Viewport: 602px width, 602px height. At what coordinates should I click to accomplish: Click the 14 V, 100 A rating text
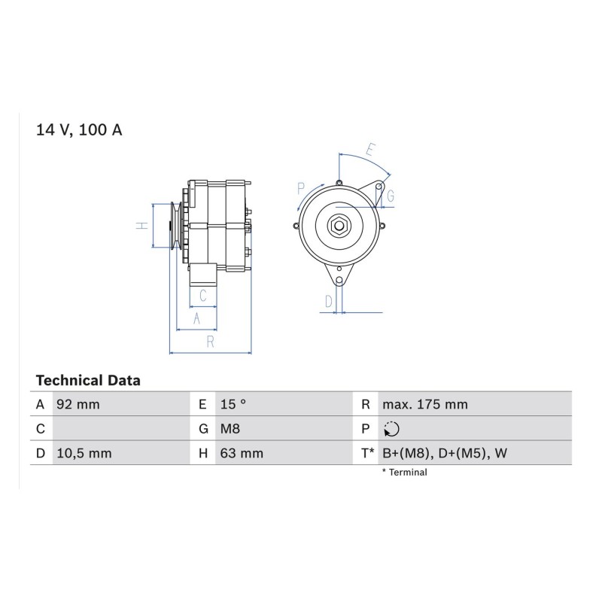pyautogui.click(x=79, y=129)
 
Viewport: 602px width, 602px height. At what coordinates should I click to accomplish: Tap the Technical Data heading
pyautogui.click(x=88, y=381)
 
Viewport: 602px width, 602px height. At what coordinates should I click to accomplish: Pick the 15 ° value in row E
pyautogui.click(x=233, y=404)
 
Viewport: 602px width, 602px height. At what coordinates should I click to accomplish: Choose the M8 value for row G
pyautogui.click(x=230, y=428)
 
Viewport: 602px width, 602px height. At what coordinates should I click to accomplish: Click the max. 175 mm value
pyautogui.click(x=425, y=404)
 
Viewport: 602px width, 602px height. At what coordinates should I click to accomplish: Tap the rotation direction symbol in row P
pyautogui.click(x=391, y=429)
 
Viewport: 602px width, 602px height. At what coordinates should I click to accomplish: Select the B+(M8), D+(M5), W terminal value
pyautogui.click(x=445, y=453)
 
